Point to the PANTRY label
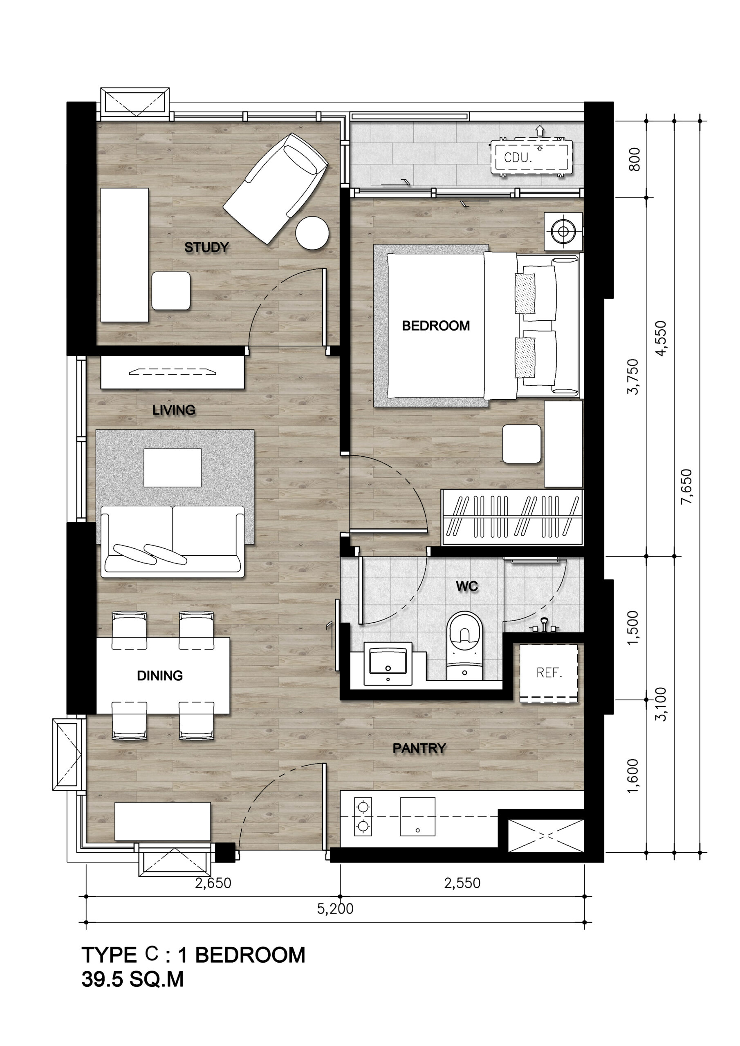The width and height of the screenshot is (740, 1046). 419,748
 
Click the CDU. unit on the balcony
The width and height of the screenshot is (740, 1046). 531,157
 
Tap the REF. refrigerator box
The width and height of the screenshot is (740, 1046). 549,673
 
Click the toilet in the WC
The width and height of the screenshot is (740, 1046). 464,646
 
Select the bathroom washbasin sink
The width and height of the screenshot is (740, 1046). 388,662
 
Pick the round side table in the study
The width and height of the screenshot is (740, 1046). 312,232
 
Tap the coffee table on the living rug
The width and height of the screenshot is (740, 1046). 173,468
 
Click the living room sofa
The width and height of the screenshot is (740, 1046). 173,541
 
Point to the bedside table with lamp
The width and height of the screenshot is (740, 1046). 563,231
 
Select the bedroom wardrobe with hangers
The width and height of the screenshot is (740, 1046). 512,517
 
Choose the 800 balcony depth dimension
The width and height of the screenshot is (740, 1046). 634,159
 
